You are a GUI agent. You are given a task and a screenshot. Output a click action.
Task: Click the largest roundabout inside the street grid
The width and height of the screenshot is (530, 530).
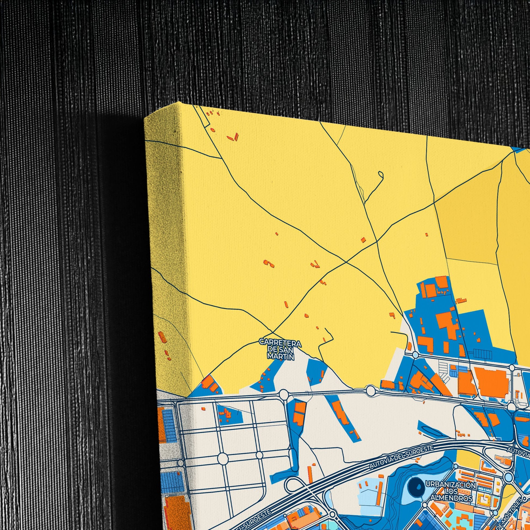(x=223, y=459)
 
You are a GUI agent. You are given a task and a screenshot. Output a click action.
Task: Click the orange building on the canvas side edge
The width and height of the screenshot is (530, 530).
(x=162, y=337)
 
